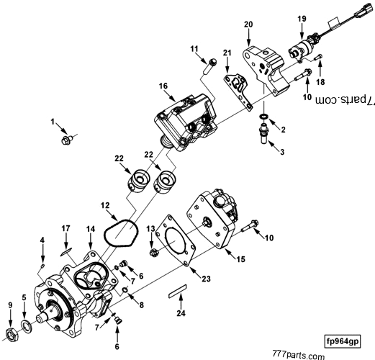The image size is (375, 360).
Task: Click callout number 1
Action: tap(52, 124)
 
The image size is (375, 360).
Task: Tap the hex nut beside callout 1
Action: tap(67, 139)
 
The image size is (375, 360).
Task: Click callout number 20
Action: tap(249, 24)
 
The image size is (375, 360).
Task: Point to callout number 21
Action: tap(226, 53)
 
